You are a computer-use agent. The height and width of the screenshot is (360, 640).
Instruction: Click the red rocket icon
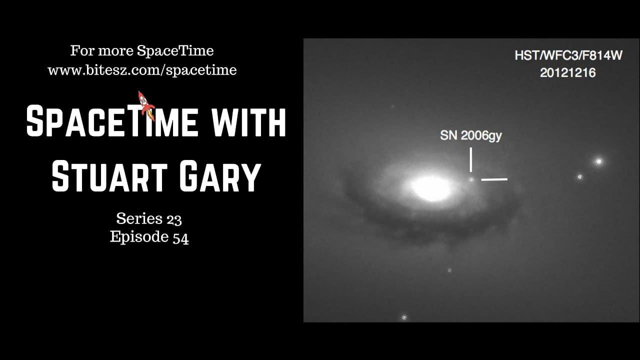pos(145,103)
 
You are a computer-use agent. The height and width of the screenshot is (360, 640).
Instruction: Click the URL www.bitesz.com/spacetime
pos(142,70)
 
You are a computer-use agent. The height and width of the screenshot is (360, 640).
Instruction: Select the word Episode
pos(138,237)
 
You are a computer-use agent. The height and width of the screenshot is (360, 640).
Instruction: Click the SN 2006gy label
pos(470,135)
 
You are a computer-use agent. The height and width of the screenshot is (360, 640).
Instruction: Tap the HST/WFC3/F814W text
pos(568,55)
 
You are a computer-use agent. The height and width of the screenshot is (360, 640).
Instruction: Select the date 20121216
pos(567,72)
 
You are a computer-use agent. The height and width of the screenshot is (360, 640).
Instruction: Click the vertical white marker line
pos(471,159)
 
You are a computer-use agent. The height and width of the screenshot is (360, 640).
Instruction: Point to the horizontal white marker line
pos(494,179)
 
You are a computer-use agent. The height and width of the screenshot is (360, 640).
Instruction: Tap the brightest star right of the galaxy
pos(598,161)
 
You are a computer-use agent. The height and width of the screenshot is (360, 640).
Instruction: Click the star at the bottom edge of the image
pos(404,317)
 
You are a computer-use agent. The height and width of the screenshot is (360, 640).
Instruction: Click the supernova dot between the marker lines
pos(471,179)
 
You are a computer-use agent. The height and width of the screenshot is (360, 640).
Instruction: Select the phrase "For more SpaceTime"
pos(142,51)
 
